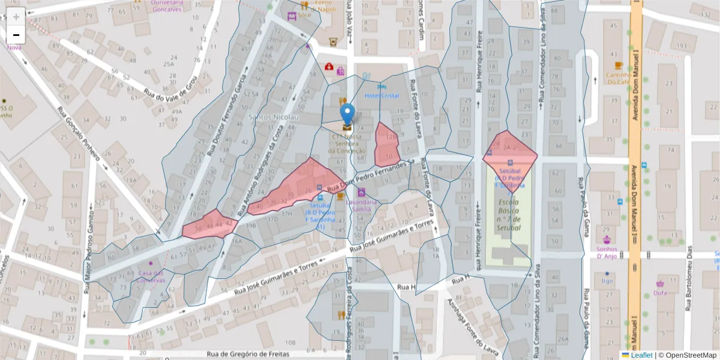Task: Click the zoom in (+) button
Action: pos(16,17)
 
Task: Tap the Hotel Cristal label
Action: pos(382,96)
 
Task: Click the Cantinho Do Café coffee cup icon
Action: pos(619,65)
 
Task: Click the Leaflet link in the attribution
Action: pos(641,355)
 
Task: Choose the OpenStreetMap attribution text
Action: pos(687,355)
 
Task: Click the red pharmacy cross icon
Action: pos(329,67)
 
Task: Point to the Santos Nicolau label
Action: pos(273,116)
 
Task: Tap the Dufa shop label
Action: pos(660,293)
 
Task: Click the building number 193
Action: pos(681,46)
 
